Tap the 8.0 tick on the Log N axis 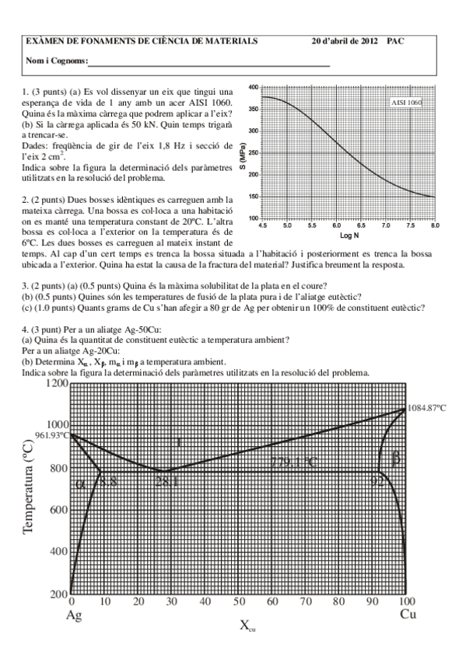pos(433,225)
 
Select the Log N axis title pos(349,234)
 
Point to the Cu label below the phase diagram pos(408,614)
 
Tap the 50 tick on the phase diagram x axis pos(238,602)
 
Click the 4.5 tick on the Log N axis pos(263,225)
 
